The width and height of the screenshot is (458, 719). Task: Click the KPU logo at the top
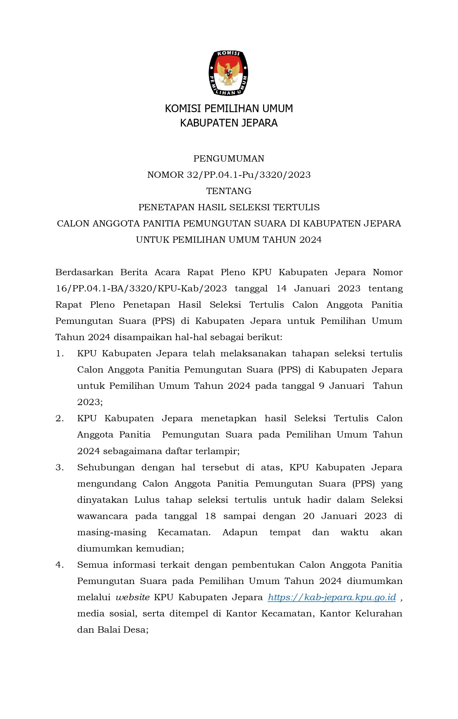(228, 73)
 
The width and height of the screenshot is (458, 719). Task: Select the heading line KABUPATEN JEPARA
(228, 123)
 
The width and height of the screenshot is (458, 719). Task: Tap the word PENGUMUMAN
(228, 159)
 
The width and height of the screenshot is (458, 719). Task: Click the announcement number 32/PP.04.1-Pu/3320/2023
(248, 175)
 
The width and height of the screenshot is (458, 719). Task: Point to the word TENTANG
(228, 191)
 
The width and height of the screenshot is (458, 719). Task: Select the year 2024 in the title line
(310, 240)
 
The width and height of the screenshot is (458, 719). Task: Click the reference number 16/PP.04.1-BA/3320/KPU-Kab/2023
(141, 288)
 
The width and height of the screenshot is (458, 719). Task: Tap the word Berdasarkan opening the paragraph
(85, 272)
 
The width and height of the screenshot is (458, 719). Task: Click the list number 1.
(59, 353)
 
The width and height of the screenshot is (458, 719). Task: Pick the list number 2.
(59, 418)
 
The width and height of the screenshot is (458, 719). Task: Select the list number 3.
(59, 467)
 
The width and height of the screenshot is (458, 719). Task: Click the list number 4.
(59, 565)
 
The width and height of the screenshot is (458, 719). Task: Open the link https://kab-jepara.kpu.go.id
(331, 597)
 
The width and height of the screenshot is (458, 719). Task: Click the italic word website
(132, 597)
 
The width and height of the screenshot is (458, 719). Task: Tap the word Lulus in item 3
(147, 500)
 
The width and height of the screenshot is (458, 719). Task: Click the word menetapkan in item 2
(228, 418)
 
